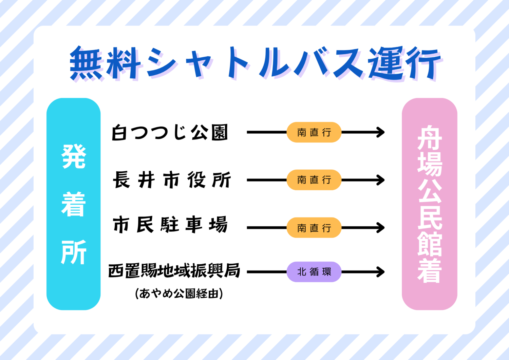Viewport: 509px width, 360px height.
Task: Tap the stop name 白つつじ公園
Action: tap(170, 132)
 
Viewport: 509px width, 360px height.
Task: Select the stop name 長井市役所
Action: tap(172, 180)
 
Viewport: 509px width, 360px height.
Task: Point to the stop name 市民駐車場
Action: tap(170, 225)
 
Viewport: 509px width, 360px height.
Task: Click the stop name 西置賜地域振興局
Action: tap(174, 271)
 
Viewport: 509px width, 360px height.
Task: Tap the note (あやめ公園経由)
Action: tap(179, 293)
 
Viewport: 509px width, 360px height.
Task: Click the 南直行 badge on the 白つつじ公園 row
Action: tap(314, 132)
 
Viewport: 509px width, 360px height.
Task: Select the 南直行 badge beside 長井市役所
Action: tap(314, 180)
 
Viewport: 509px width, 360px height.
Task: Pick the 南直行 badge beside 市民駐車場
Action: tap(314, 227)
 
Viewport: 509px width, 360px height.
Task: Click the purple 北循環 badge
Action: tap(314, 272)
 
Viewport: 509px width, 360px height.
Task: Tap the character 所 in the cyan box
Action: tap(74, 252)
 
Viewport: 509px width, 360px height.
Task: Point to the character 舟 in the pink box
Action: tap(430, 137)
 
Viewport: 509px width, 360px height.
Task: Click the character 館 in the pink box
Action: tap(430, 244)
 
